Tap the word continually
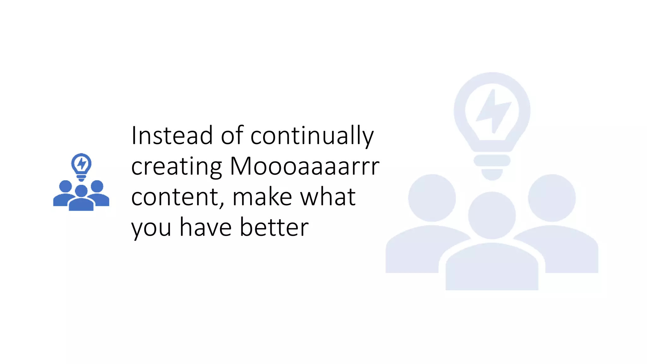tap(312, 136)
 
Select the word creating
tap(177, 167)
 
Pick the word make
tap(262, 197)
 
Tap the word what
tap(328, 197)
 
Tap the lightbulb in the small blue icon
tap(81, 165)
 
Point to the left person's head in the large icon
tap(432, 198)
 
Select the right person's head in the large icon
tap(552, 198)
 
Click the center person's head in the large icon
tap(492, 215)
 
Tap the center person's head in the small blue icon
tap(81, 191)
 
